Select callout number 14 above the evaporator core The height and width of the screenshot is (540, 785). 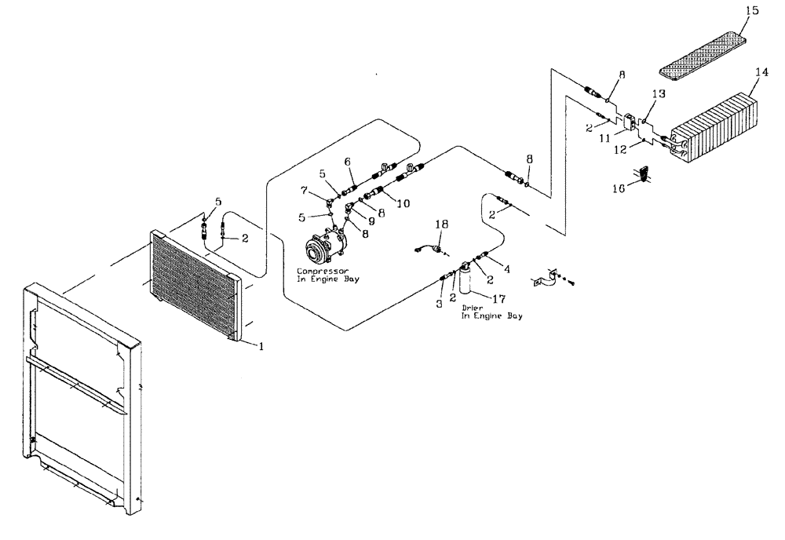[x=760, y=72]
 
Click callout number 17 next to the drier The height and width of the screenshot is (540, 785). [x=498, y=299]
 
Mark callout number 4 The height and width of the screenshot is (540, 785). [x=506, y=269]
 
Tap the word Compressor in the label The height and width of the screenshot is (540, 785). [x=316, y=271]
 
